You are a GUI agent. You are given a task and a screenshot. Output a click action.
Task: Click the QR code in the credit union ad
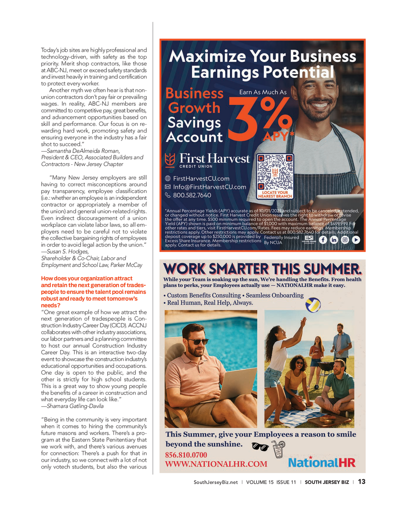point(275,173)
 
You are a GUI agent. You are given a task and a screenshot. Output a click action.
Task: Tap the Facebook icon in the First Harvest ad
point(323,240)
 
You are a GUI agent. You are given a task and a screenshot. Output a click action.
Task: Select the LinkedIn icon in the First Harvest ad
point(334,240)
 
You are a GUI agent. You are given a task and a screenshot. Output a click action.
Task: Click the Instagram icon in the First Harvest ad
point(345,240)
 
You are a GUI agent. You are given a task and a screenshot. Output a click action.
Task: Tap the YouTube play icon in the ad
point(356,240)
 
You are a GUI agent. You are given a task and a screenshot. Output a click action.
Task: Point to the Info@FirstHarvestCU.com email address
point(209,187)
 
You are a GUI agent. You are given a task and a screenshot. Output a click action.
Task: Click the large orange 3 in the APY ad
point(243,119)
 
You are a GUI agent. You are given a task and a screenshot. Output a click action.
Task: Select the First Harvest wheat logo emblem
point(170,160)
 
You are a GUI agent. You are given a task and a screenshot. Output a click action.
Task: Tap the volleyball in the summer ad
point(313,305)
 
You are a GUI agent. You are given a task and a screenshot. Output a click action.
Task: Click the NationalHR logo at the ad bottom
point(322,462)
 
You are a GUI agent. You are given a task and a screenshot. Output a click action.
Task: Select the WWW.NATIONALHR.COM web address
point(216,464)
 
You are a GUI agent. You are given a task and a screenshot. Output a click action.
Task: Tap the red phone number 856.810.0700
point(186,455)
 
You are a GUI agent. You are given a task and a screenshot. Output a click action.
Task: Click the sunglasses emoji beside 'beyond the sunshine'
point(260,446)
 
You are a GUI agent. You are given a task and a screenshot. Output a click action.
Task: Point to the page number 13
point(361,482)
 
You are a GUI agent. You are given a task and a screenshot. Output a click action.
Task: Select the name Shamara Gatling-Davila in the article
point(75,406)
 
